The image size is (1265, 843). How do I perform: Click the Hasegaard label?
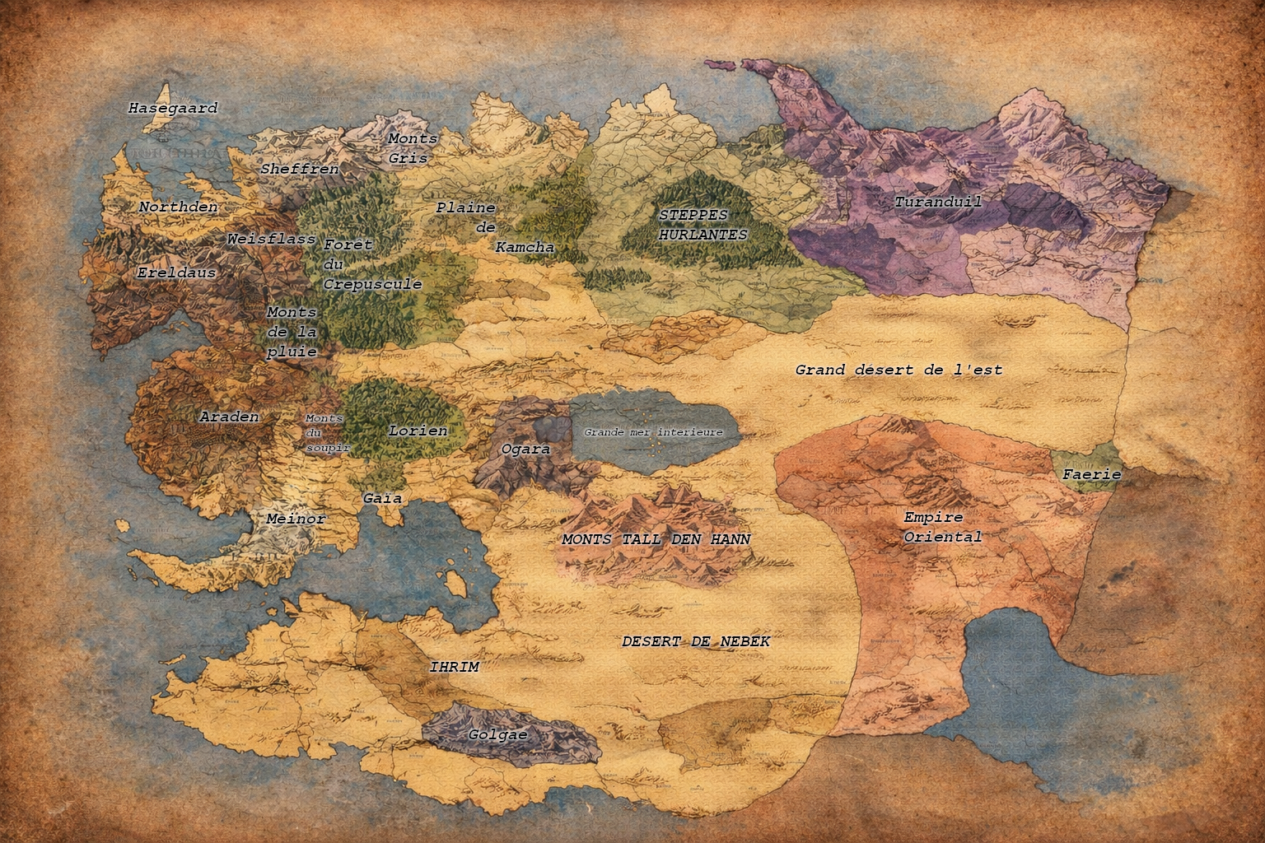tap(173, 108)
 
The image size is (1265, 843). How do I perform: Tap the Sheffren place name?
tap(300, 169)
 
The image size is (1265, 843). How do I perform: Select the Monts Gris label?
tap(412, 148)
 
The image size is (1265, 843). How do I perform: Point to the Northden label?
tap(178, 207)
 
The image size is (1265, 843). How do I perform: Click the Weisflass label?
tap(271, 239)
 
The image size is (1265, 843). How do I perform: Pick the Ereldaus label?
tap(176, 272)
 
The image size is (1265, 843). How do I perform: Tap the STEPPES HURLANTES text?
tap(703, 225)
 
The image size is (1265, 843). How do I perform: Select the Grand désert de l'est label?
tap(899, 370)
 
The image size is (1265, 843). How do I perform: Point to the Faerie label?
tap(1091, 474)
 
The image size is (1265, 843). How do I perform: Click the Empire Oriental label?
tap(943, 527)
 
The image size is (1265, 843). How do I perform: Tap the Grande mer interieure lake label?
tap(653, 432)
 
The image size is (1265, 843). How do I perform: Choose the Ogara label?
tap(525, 449)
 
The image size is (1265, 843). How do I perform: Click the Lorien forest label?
tap(418, 431)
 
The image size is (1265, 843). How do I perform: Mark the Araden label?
tap(229, 417)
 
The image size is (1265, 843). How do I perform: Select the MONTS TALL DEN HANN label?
tap(656, 539)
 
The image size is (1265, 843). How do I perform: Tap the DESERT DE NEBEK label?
tap(696, 640)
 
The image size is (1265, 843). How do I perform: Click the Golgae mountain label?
tap(497, 734)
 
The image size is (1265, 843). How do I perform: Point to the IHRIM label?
tap(454, 667)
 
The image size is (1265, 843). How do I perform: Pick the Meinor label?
tap(296, 519)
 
